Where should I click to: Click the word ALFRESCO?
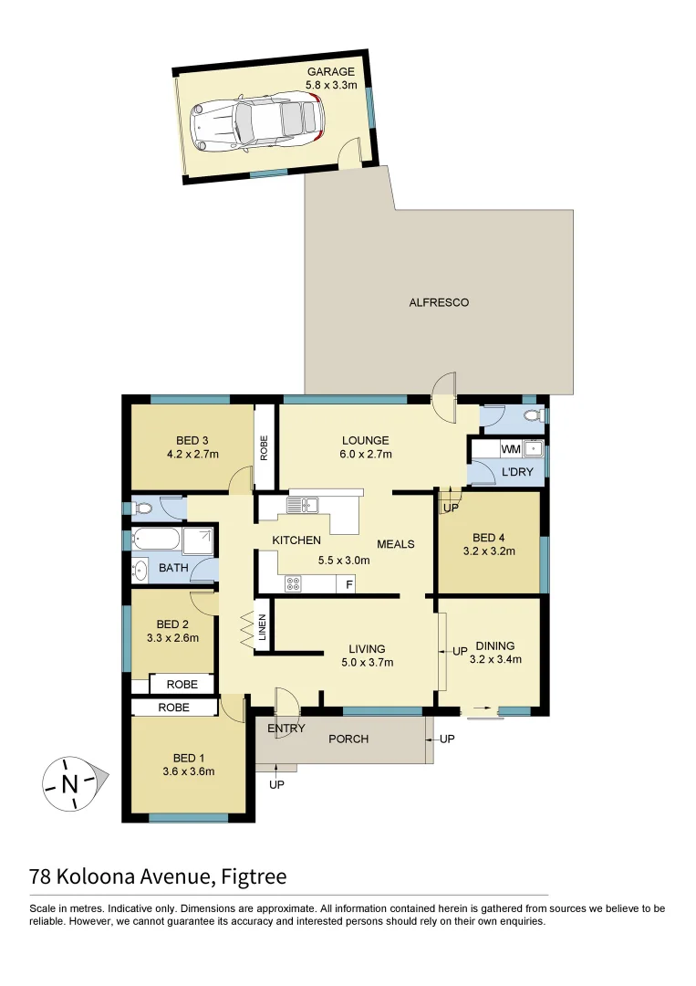tap(439, 302)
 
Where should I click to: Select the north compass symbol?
tap(70, 783)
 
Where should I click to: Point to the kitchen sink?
tap(301, 504)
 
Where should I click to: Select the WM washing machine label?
tap(510, 449)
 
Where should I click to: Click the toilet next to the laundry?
tap(532, 416)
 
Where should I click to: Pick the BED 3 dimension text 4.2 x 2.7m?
tap(192, 454)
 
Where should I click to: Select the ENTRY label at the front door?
tap(286, 728)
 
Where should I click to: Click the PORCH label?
tap(348, 738)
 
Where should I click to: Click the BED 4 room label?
tap(490, 537)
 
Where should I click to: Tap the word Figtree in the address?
tap(253, 877)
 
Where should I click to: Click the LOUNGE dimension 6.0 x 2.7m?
tap(364, 454)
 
